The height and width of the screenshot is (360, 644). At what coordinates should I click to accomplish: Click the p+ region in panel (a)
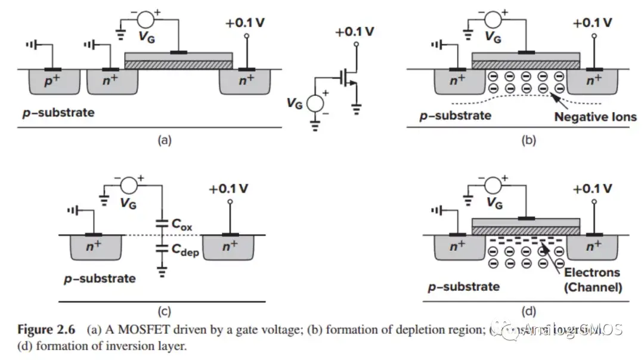[x=52, y=82]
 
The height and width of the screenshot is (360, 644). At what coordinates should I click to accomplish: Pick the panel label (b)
[x=528, y=141]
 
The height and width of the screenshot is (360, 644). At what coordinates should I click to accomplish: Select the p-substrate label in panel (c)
[x=100, y=278]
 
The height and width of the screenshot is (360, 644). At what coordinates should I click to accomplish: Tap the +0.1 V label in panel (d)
[x=592, y=189]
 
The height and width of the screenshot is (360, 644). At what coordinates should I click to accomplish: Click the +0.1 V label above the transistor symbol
[x=355, y=32]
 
